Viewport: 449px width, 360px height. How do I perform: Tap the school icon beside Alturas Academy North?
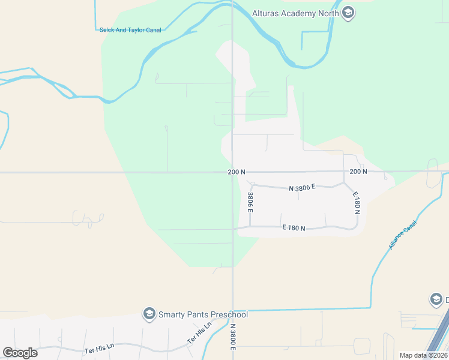pos(348,13)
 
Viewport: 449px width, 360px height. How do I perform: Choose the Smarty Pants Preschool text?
pos(203,314)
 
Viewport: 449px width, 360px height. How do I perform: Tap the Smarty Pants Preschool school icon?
pos(148,314)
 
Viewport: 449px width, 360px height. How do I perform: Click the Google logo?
pos(20,352)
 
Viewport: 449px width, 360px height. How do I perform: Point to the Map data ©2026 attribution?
pos(423,355)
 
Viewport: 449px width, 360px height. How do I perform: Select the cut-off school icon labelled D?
pos(436,299)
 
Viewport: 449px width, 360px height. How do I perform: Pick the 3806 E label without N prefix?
pos(250,202)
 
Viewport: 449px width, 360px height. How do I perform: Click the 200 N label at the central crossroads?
pos(237,172)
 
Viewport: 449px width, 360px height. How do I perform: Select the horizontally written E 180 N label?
pos(294,228)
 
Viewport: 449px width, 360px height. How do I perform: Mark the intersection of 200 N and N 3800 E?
pos(233,172)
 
